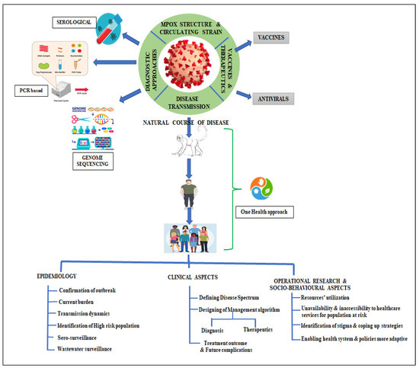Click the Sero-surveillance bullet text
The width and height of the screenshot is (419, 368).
tap(82, 336)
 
